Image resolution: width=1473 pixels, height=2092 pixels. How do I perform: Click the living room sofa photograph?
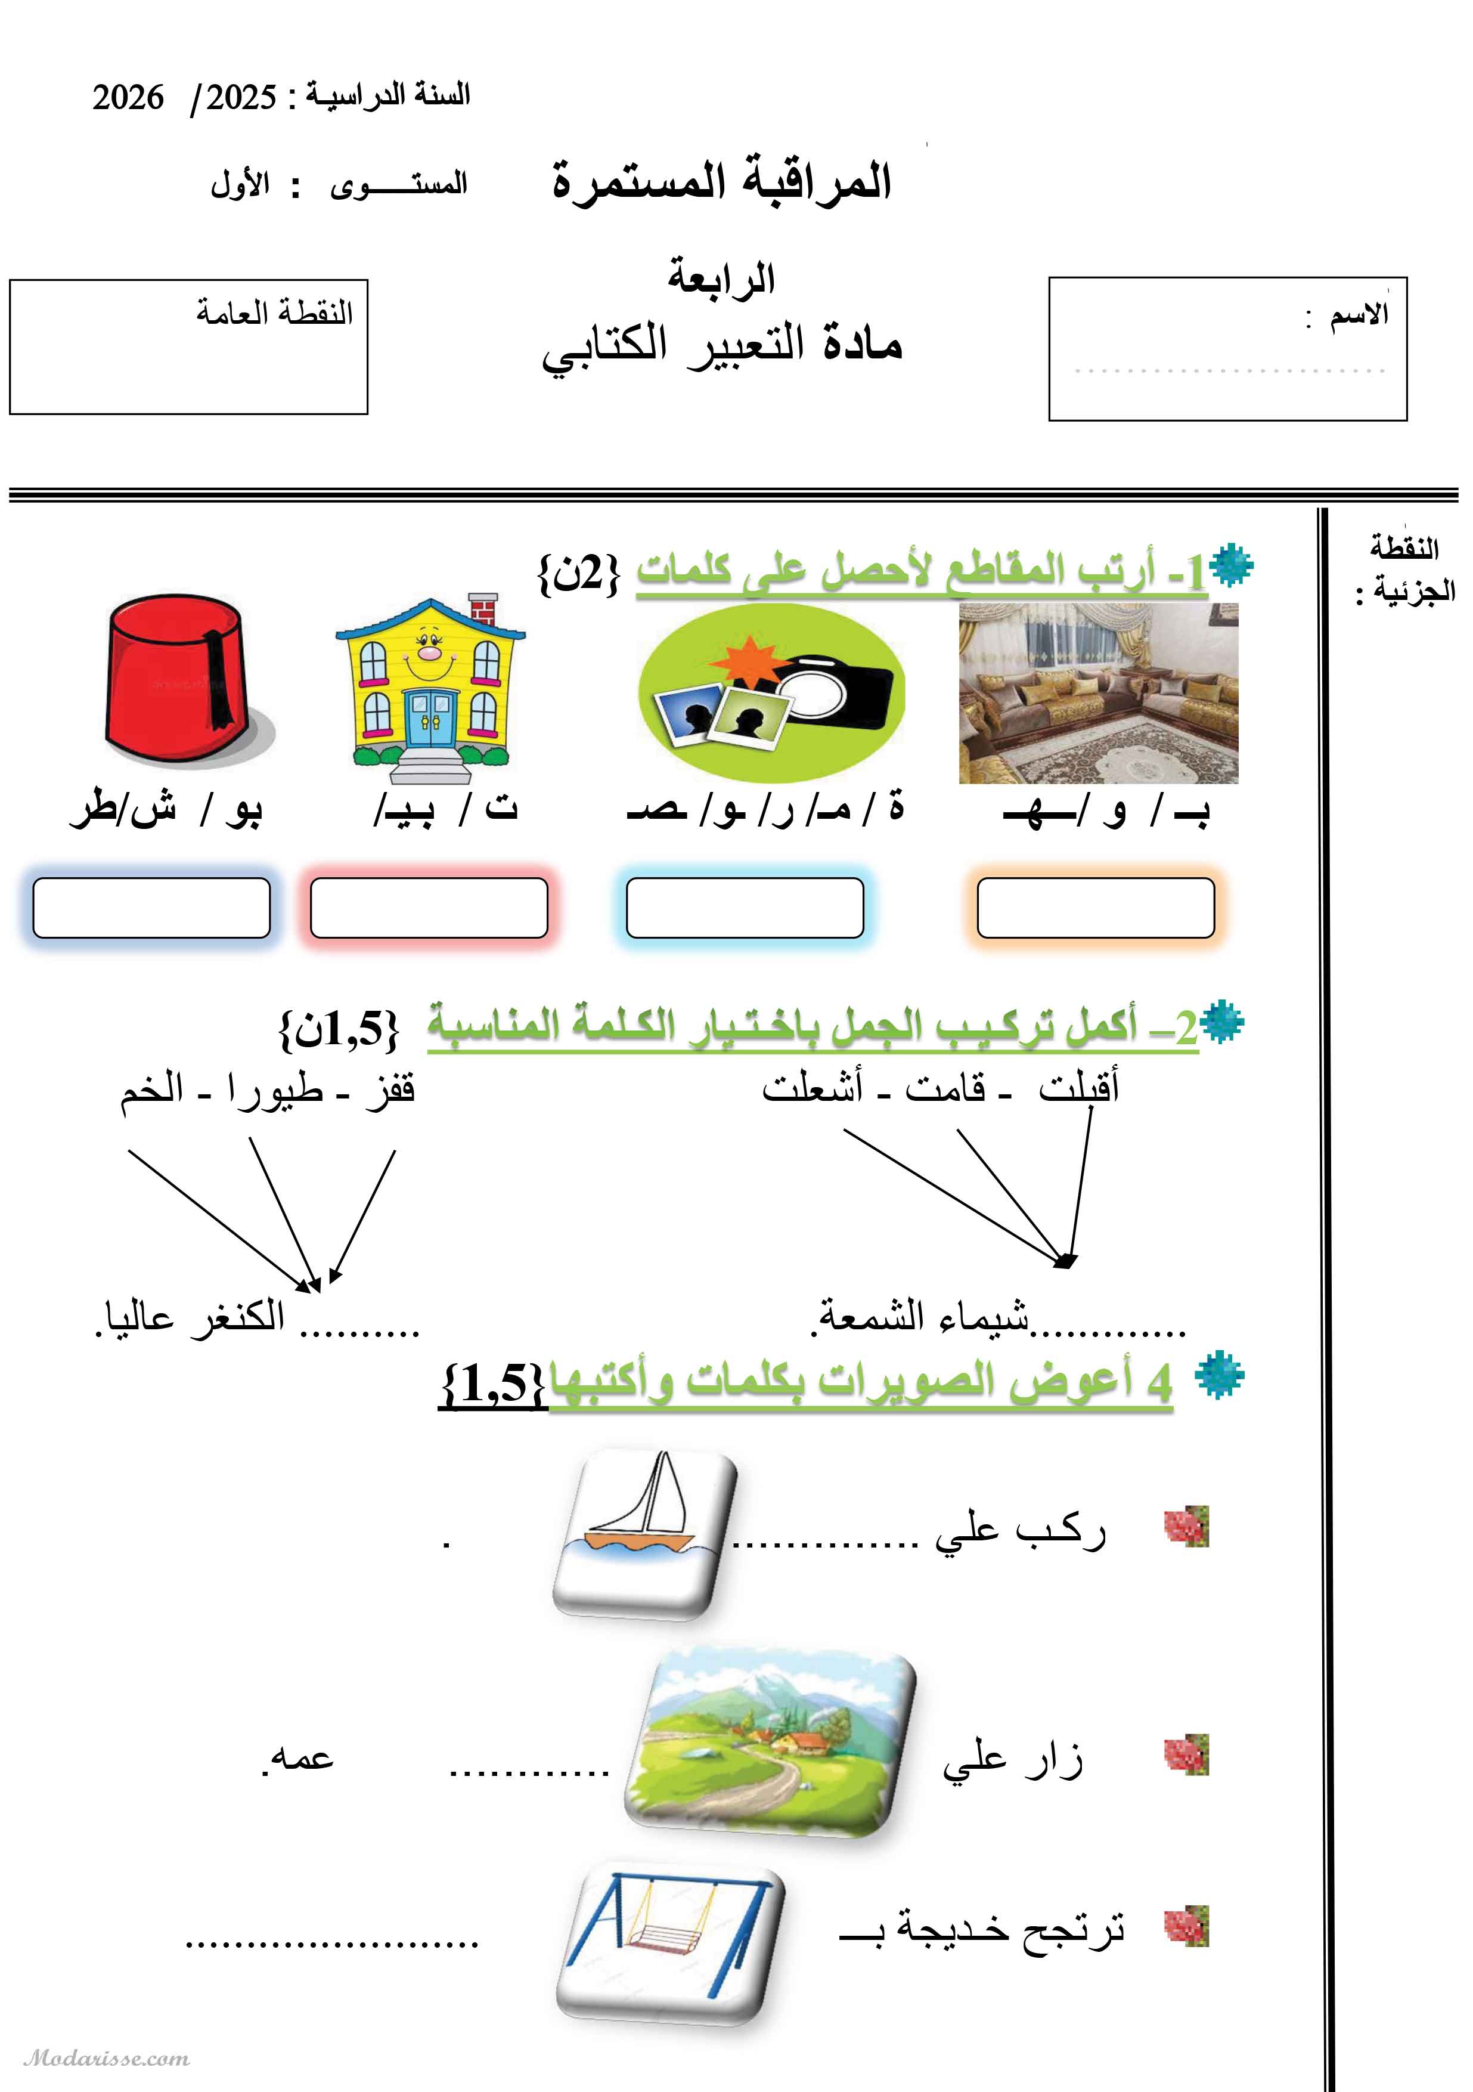coord(1097,692)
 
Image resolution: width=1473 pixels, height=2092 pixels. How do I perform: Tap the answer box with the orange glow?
coord(1095,908)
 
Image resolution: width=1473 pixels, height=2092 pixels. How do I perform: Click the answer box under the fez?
coord(151,908)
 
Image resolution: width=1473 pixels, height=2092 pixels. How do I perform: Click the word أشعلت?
coord(812,1087)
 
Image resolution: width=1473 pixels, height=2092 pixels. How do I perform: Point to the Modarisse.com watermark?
coord(107,2058)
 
